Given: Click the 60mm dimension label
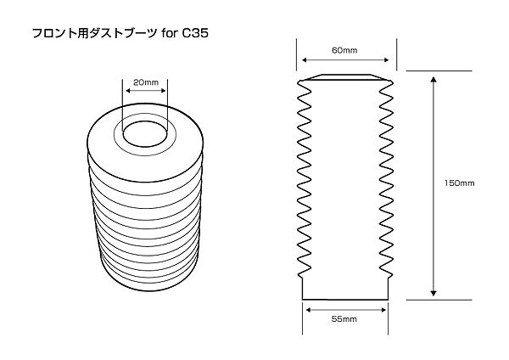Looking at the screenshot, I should coord(346,50).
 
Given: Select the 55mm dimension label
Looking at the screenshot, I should coord(344,319).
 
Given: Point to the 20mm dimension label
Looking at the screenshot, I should coord(146,82).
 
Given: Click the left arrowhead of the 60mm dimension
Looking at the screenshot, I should coord(300,59).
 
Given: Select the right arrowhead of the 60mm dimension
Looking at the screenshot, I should coord(393,59).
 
